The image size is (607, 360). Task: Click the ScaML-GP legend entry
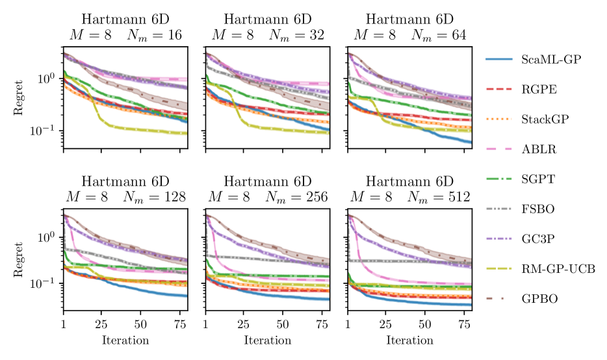pyautogui.click(x=550, y=60)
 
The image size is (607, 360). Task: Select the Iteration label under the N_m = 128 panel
pyautogui.click(x=125, y=341)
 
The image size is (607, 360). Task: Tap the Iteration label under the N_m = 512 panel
pyautogui.click(x=410, y=341)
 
